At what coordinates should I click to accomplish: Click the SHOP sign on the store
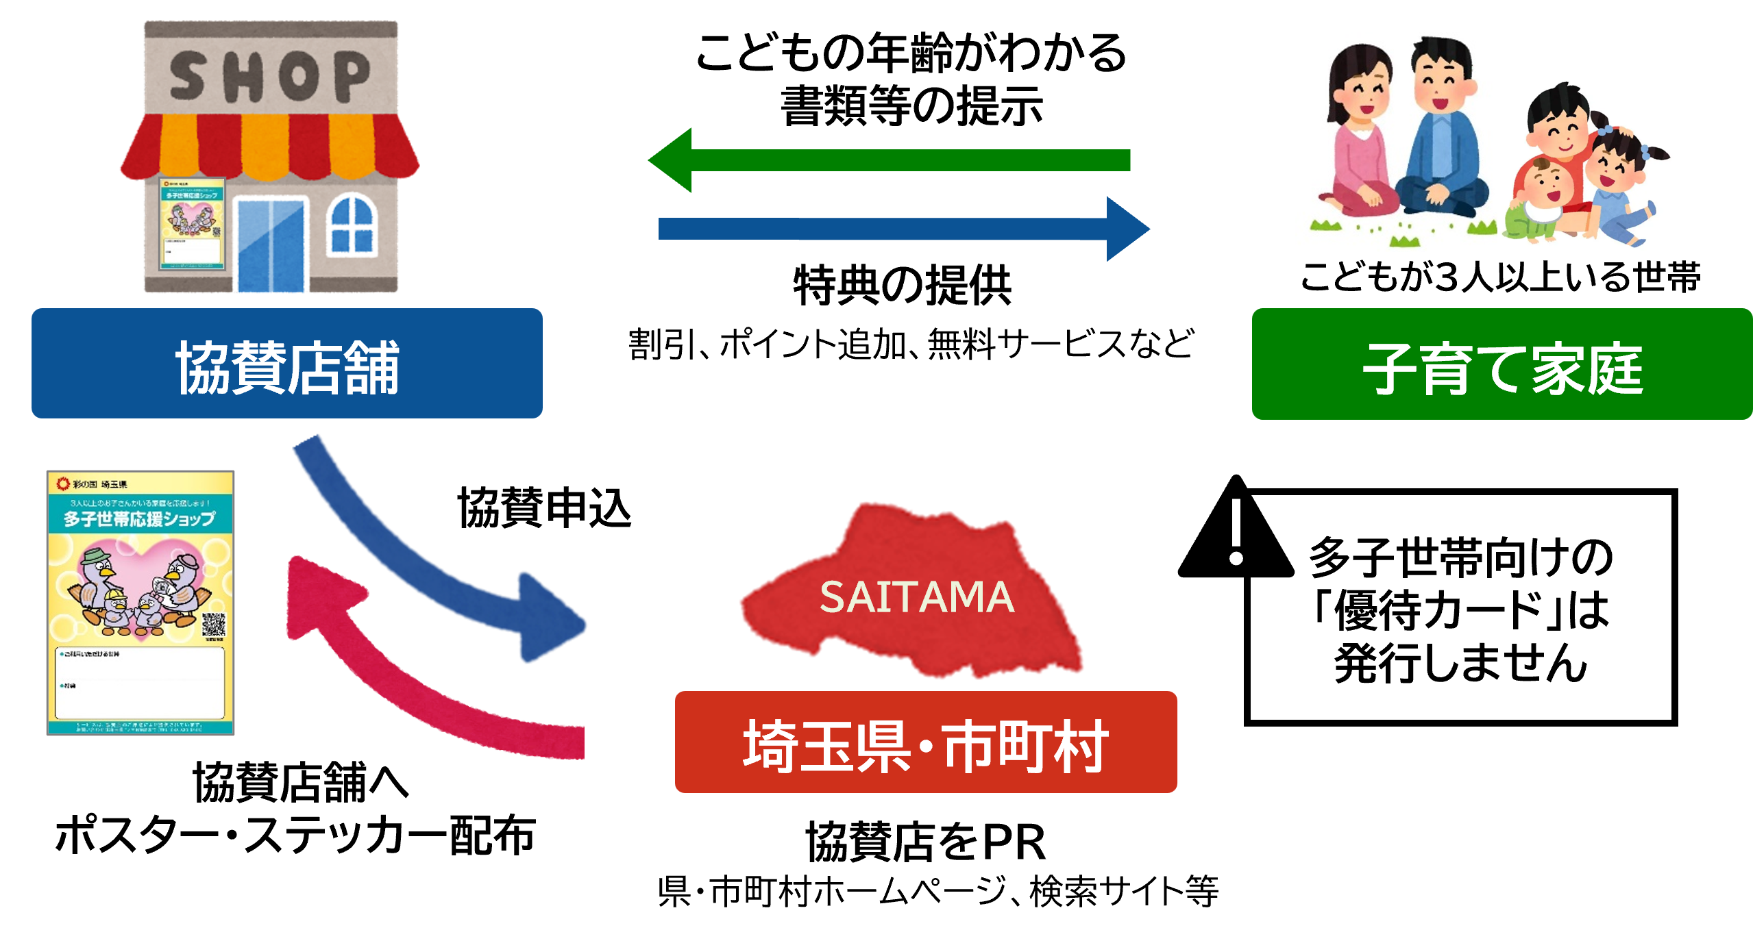coord(270,75)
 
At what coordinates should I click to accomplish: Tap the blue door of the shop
coord(271,244)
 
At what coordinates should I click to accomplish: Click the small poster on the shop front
coord(193,223)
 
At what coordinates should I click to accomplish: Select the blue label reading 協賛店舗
coord(286,364)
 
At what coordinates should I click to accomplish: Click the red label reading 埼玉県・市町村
coord(926,742)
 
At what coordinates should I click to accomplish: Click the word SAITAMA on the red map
coord(916,597)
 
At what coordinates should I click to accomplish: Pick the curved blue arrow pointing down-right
coord(425,562)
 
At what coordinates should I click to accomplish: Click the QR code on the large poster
coord(214,625)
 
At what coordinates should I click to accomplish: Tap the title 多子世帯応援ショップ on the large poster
coord(140,518)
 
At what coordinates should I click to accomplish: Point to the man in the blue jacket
coord(1443,137)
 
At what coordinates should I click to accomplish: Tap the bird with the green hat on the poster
coord(96,582)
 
